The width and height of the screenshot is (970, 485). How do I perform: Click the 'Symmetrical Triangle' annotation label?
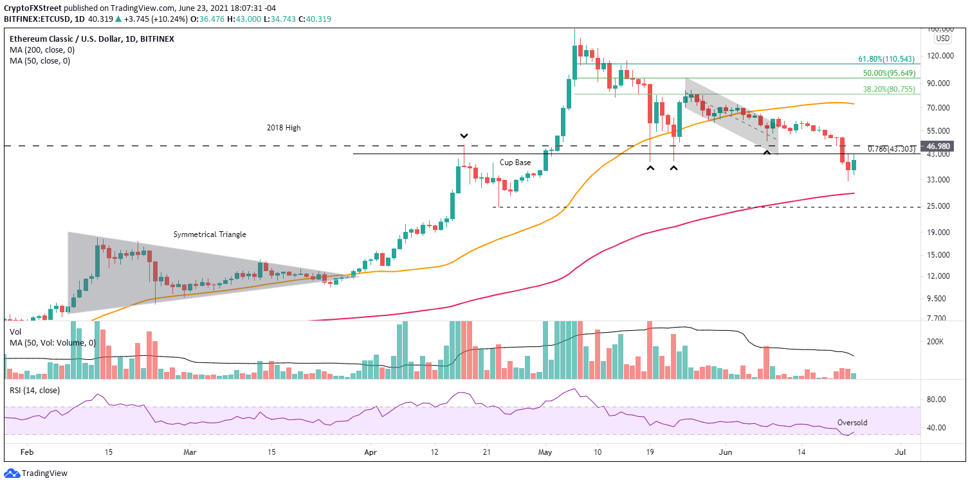210,234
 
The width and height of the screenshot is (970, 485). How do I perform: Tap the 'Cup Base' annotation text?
515,163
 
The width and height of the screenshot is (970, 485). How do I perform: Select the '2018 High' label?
284,128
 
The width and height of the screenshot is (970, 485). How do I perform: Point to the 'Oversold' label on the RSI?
853,423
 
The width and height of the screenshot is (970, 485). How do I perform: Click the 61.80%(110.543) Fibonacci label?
888,58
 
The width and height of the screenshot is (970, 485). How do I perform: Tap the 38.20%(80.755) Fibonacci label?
890,89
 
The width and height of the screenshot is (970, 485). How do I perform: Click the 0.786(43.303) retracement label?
891,149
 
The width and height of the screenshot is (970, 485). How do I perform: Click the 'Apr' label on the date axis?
371,452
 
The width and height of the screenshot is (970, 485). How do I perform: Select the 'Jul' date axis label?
901,452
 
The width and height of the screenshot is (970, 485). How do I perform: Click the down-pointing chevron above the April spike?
464,136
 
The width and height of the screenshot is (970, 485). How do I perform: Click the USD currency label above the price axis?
943,39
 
